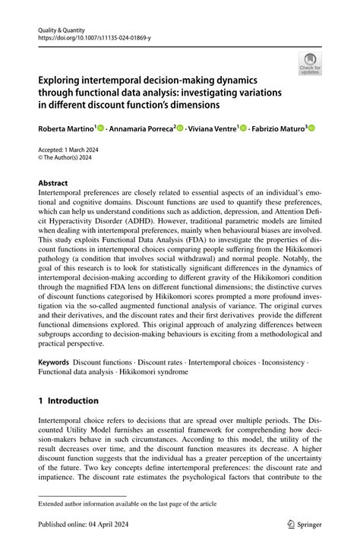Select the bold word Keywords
pos(54,364)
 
